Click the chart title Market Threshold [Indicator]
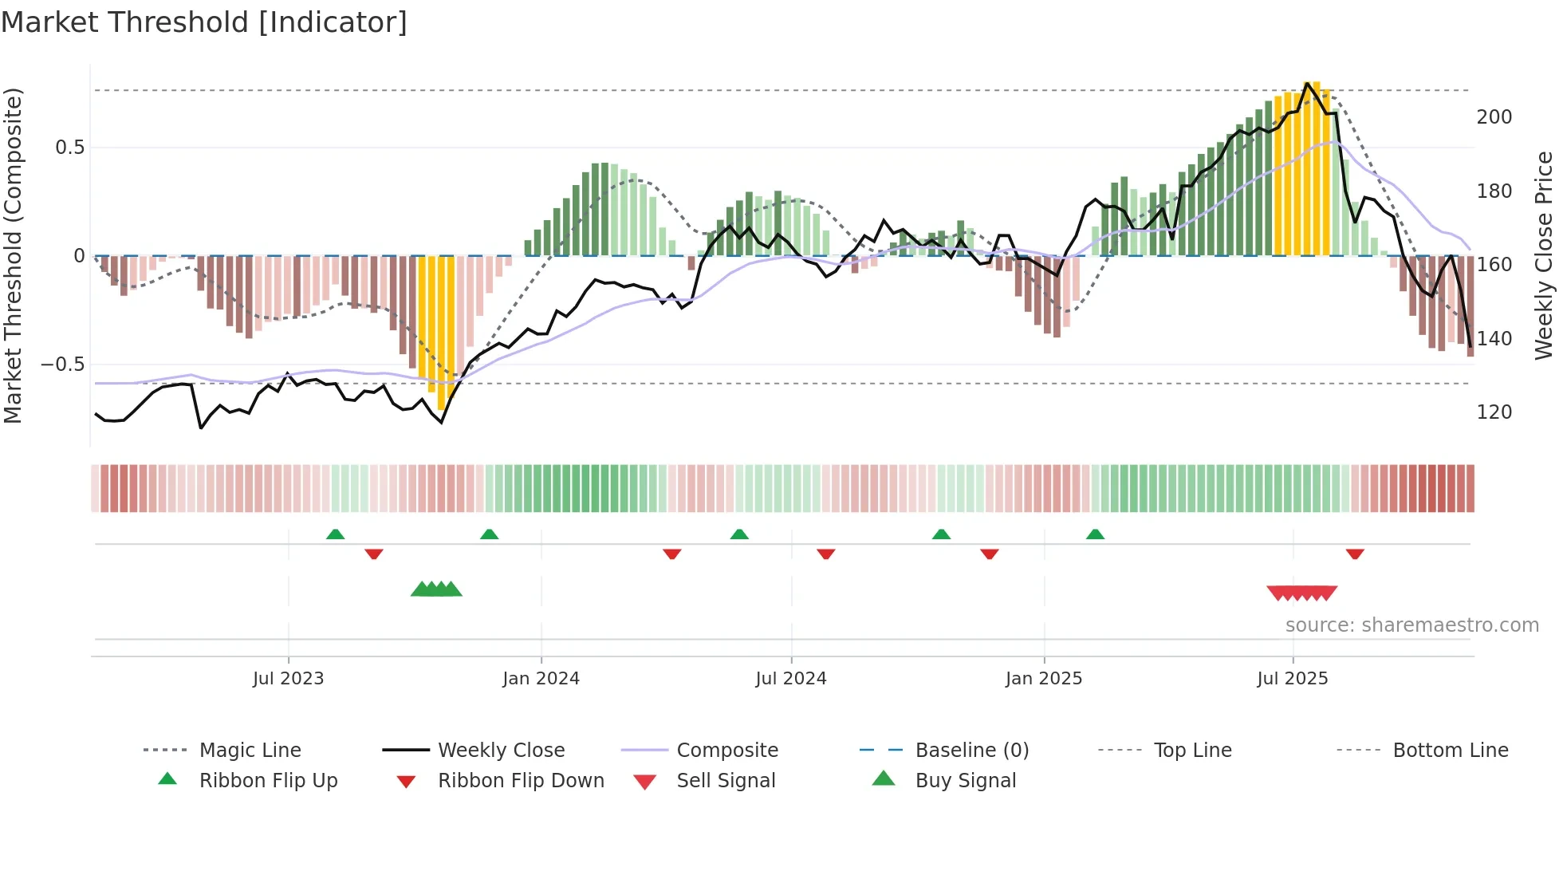click(x=204, y=22)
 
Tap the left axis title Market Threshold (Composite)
click(x=13, y=255)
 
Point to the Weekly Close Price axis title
click(x=1544, y=255)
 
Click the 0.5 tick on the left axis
click(x=69, y=148)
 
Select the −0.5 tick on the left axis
click(x=62, y=365)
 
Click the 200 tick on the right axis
click(x=1494, y=117)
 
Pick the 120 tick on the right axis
click(x=1494, y=412)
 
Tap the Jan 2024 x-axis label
click(x=541, y=679)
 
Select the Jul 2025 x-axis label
click(x=1292, y=679)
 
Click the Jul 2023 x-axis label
click(x=288, y=679)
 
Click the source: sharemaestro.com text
click(x=1411, y=625)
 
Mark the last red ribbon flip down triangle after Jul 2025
click(x=1355, y=554)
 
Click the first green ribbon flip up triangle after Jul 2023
click(x=335, y=534)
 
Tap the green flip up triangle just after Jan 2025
click(x=1095, y=534)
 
